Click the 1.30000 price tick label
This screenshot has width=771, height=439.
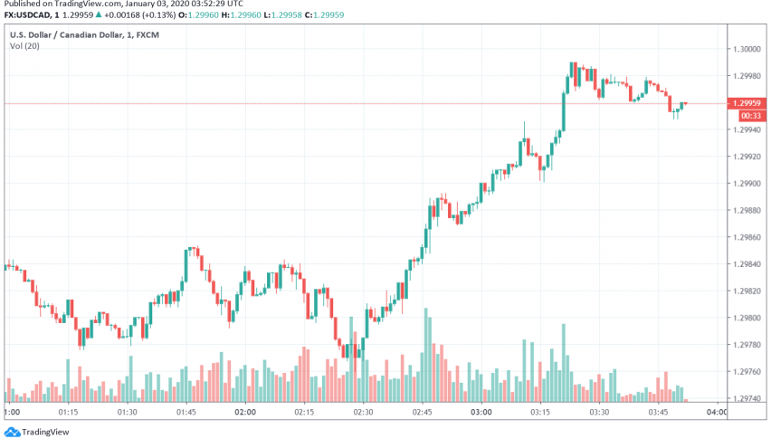tap(747, 49)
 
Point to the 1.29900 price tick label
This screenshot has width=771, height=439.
tap(747, 184)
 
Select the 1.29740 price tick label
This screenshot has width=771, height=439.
tap(747, 399)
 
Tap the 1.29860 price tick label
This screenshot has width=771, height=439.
tap(747, 237)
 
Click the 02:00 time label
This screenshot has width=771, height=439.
tap(244, 412)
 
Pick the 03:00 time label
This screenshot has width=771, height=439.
tap(481, 412)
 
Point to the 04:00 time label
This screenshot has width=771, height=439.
tap(718, 412)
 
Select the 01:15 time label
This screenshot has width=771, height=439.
tap(68, 412)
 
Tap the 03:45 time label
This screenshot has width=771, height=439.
tap(658, 412)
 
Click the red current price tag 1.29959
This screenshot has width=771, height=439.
tap(748, 103)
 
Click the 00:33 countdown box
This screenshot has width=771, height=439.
tap(748, 116)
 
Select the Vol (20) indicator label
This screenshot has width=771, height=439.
tap(24, 44)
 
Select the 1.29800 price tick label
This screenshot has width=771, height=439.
tap(747, 319)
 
